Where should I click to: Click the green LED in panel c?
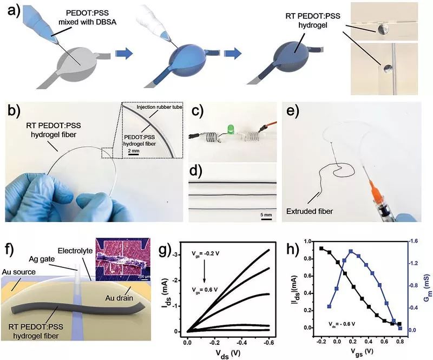(230, 129)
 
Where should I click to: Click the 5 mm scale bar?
(266, 219)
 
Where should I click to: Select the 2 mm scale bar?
(133, 155)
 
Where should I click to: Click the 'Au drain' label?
(119, 298)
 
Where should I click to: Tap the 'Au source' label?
(19, 272)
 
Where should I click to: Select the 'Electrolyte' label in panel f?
(75, 251)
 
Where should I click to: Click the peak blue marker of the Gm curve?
(351, 251)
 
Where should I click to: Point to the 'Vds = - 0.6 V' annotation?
(342, 324)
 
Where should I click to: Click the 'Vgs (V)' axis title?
(362, 351)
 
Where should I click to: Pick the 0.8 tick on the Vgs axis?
(400, 342)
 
